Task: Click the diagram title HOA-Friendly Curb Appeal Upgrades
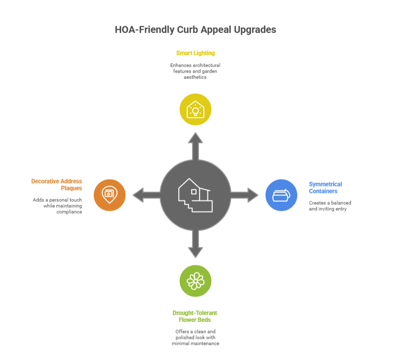[x=196, y=30]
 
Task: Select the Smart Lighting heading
[x=196, y=53]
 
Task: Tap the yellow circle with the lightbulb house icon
[x=196, y=109]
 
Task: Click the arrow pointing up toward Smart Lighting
[x=196, y=146]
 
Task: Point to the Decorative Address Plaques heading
[x=57, y=185]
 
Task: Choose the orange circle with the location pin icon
[x=110, y=195]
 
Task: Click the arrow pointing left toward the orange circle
[x=147, y=195]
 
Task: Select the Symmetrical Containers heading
[x=325, y=188]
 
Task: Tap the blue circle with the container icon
[x=281, y=195]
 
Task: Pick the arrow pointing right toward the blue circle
[x=244, y=195]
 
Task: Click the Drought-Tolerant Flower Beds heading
[x=195, y=317]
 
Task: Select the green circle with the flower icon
[x=196, y=281]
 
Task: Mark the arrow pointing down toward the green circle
[x=196, y=244]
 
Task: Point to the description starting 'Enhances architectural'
[x=195, y=72]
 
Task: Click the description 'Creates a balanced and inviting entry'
[x=330, y=206]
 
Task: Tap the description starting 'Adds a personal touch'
[x=57, y=206]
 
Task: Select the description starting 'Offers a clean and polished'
[x=196, y=337]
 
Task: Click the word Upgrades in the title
[x=255, y=30]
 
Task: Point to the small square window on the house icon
[x=194, y=192]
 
